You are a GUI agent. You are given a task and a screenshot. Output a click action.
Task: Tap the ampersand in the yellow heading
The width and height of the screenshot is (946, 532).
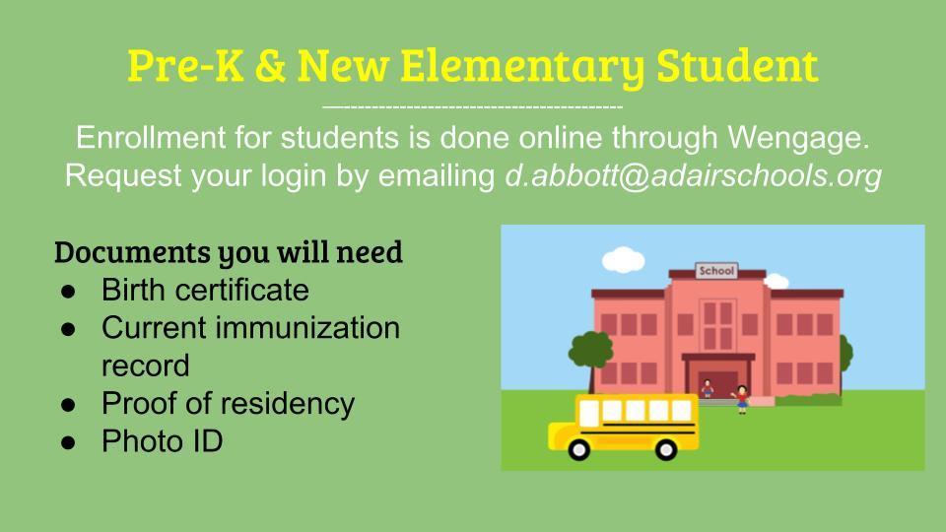click(270, 65)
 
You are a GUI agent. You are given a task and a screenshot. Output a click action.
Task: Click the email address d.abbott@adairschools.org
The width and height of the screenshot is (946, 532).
click(693, 175)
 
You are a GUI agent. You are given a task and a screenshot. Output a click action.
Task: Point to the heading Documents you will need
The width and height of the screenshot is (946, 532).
click(229, 253)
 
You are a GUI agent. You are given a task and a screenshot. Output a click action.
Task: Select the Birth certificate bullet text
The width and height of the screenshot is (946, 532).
click(205, 290)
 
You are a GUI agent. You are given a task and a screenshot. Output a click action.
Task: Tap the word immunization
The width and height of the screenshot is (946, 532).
click(307, 328)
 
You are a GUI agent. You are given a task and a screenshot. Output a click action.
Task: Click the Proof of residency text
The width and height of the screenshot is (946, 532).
click(228, 404)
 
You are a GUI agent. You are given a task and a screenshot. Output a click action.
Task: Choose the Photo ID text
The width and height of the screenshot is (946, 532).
click(163, 441)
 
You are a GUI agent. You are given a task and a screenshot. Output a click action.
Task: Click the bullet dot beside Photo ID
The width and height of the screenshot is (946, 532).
click(68, 442)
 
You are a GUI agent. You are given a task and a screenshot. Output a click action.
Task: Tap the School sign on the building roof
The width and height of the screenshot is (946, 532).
click(716, 271)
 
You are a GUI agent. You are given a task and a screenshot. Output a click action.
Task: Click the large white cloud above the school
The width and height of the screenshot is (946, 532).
click(623, 259)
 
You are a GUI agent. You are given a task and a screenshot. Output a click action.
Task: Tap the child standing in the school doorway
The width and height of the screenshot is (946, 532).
click(708, 389)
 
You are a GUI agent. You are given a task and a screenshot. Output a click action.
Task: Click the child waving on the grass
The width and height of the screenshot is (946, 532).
click(741, 399)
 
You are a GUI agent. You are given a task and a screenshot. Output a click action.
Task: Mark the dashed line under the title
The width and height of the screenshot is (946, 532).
click(473, 107)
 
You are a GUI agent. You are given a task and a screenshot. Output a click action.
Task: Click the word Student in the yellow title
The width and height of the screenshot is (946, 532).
click(737, 65)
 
